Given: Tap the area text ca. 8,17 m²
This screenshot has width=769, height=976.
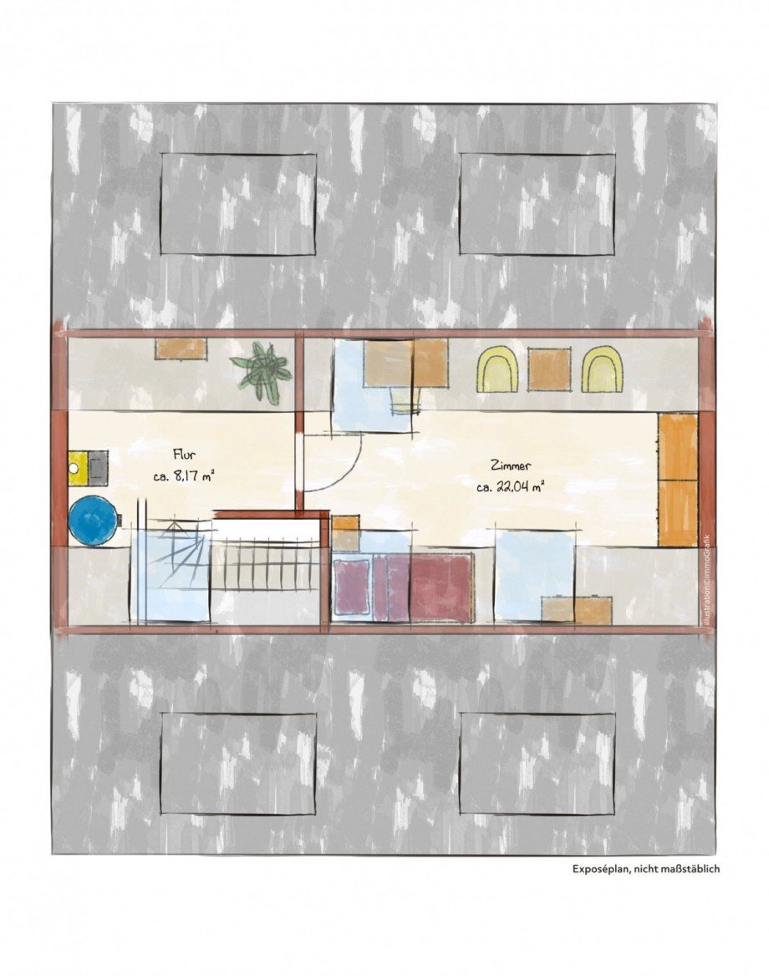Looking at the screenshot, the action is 184,477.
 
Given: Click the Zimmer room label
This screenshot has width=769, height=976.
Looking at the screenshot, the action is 510,465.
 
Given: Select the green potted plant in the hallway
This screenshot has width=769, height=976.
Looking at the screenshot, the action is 261,372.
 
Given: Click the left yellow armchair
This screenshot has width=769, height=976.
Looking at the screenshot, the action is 498,369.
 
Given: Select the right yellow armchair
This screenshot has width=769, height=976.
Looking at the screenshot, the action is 602,369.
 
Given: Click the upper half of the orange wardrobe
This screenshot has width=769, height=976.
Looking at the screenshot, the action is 677,447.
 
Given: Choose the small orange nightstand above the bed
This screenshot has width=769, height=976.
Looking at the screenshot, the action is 345,532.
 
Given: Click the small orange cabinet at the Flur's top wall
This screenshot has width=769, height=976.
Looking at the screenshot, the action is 180,348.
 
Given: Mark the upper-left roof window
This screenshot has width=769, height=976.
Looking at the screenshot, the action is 238,204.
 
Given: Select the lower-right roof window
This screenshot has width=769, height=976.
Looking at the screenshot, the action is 537,763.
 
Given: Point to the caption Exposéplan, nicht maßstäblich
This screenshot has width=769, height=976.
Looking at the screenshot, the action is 646,869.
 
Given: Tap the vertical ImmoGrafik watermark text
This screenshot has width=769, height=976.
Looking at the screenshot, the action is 705,580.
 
